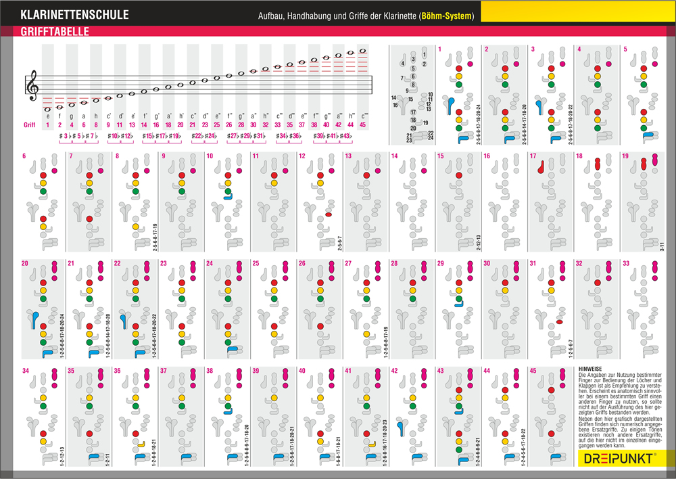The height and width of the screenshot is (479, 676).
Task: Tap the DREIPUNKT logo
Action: click(x=619, y=458)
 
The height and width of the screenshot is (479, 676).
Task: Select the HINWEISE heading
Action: click(x=591, y=369)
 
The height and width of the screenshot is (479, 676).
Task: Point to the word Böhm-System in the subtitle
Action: click(x=447, y=16)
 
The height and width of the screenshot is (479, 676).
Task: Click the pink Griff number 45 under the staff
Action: click(x=363, y=125)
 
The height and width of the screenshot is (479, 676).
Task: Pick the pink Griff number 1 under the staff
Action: click(x=48, y=125)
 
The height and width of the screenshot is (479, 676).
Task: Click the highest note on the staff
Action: click(x=363, y=50)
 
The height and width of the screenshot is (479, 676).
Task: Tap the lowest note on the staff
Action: click(x=48, y=108)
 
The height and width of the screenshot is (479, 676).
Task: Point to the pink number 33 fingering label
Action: click(x=625, y=263)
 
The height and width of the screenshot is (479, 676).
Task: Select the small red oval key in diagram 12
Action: click(x=328, y=214)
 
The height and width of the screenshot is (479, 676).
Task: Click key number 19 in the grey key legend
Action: click(x=426, y=122)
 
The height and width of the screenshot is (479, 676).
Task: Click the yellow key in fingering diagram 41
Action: click(x=372, y=444)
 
